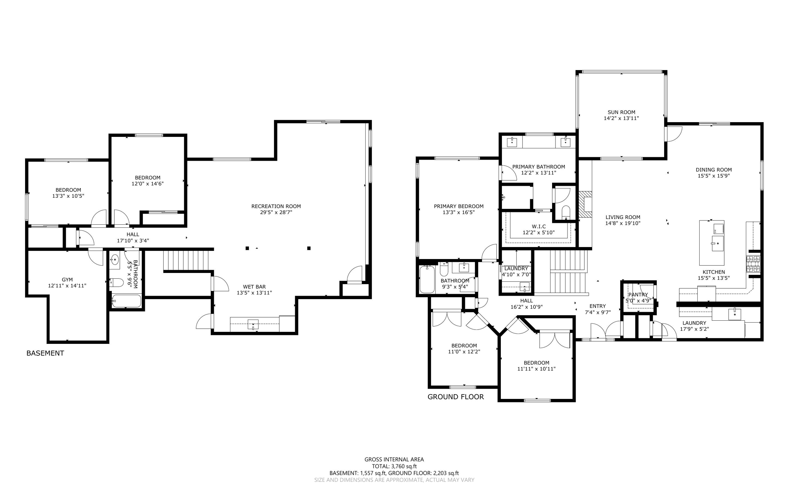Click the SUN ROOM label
(621, 112)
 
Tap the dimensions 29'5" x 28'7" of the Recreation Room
(276, 212)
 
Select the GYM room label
(67, 279)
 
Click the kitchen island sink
(717, 244)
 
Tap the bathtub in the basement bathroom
(126, 301)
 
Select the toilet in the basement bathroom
(117, 283)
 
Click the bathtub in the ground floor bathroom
(427, 279)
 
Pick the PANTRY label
(638, 294)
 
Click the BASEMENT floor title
(45, 353)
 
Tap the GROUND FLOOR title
(455, 397)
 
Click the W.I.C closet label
(539, 226)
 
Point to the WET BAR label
(254, 286)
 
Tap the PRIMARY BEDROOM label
(458, 206)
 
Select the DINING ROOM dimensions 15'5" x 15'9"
(713, 176)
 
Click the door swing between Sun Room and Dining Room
(673, 134)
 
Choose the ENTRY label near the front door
(597, 306)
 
